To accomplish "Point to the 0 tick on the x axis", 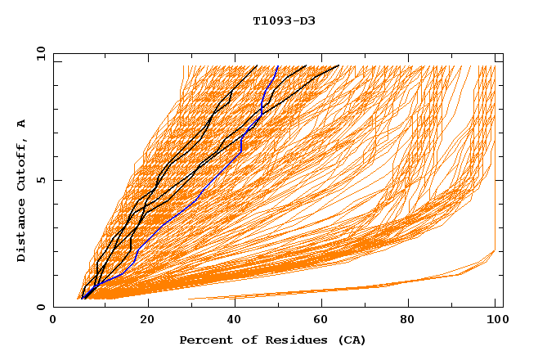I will click(x=54, y=320).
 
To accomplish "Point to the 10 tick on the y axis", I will click(x=40, y=53).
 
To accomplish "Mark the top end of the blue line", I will click(x=278, y=66).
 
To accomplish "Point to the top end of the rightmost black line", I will click(x=339, y=66).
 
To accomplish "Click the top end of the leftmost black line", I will click(x=257, y=66).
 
